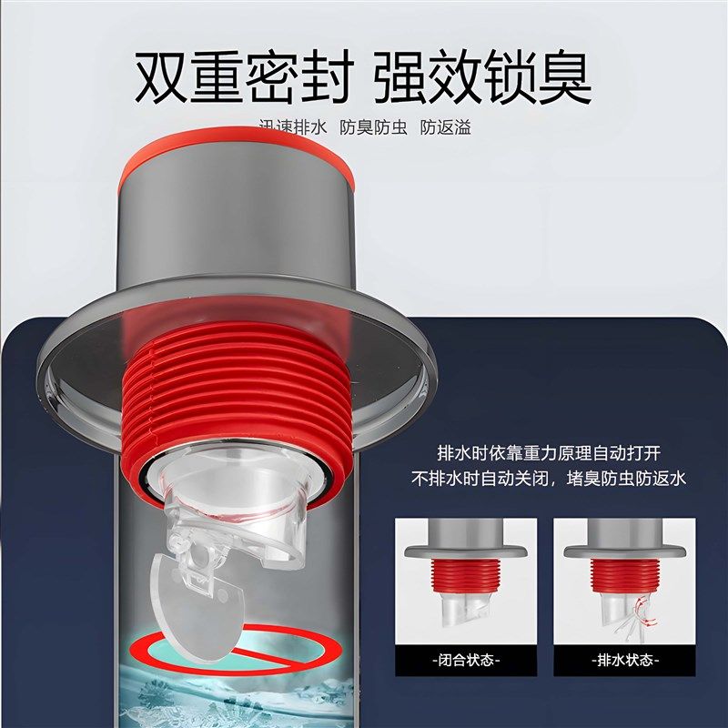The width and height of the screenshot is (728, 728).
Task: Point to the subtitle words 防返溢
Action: (x=445, y=127)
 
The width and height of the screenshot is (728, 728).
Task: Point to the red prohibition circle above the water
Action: (x=227, y=648)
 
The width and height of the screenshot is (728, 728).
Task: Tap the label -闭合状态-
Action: (x=467, y=660)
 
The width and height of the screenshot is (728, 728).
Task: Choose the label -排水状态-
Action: (x=625, y=660)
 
